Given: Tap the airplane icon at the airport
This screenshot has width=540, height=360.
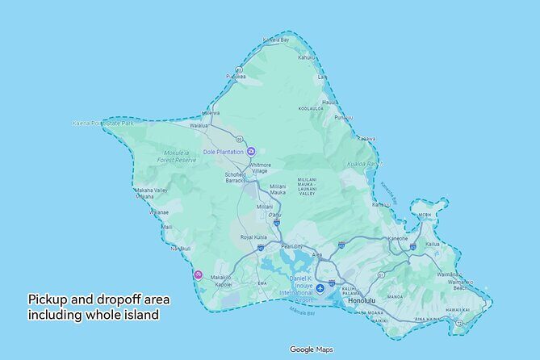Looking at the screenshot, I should [x=320, y=288].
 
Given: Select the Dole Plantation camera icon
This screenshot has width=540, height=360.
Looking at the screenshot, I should [x=251, y=152].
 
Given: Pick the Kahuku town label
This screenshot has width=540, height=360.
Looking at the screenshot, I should [x=308, y=57].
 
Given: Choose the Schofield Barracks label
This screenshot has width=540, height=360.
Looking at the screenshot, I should [x=235, y=178].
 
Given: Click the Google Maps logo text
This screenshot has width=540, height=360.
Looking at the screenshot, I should [x=311, y=350].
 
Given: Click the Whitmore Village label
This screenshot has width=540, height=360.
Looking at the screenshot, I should [x=259, y=168].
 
